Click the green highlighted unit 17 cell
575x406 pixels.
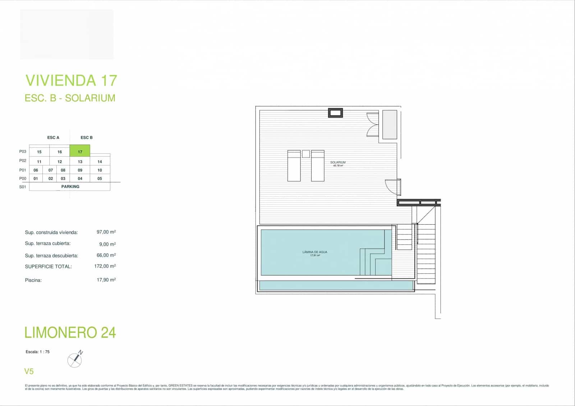[80, 151]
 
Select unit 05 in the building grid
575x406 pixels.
[100, 179]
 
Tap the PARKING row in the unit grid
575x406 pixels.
[70, 186]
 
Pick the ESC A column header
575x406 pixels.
[53, 138]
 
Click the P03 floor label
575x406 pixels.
[23, 152]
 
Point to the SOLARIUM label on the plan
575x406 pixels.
[338, 163]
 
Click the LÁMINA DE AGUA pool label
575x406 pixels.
[315, 252]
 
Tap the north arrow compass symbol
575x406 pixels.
[75, 360]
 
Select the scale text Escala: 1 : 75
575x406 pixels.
[38, 352]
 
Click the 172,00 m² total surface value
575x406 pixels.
[105, 266]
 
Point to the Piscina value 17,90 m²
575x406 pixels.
[106, 280]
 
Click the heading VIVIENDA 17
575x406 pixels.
[71, 80]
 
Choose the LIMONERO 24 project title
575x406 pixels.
[70, 333]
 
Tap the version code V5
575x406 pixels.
[29, 371]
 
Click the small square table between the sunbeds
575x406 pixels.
[306, 154]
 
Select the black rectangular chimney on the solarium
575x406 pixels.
[335, 113]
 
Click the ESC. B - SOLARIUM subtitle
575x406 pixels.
[70, 98]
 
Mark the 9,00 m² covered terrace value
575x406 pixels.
[107, 244]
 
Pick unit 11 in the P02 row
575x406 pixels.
[39, 162]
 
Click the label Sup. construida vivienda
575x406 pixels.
[51, 232]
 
